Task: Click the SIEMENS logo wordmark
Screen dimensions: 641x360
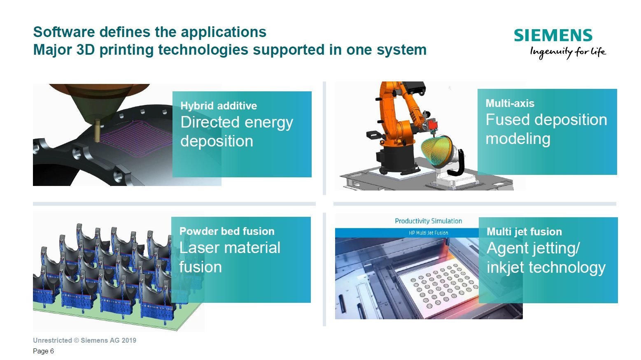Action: [553, 35]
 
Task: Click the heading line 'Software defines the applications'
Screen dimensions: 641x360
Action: [150, 32]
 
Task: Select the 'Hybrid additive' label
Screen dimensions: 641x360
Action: [219, 106]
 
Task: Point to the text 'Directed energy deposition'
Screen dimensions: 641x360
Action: [237, 132]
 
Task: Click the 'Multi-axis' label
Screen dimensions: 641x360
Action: [510, 103]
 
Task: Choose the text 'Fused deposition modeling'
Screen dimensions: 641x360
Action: [546, 129]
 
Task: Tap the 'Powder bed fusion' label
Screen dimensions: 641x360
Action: [227, 231]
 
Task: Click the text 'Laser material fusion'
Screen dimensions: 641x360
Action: [230, 257]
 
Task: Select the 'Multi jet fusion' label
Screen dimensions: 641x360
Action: [524, 232]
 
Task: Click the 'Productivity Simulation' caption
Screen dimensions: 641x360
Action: [429, 221]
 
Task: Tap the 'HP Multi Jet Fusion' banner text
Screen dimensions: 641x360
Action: [429, 233]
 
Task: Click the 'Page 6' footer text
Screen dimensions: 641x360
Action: [43, 351]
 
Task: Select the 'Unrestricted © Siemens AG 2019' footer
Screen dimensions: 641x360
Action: [84, 340]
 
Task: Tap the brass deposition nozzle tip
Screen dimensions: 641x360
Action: [97, 138]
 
